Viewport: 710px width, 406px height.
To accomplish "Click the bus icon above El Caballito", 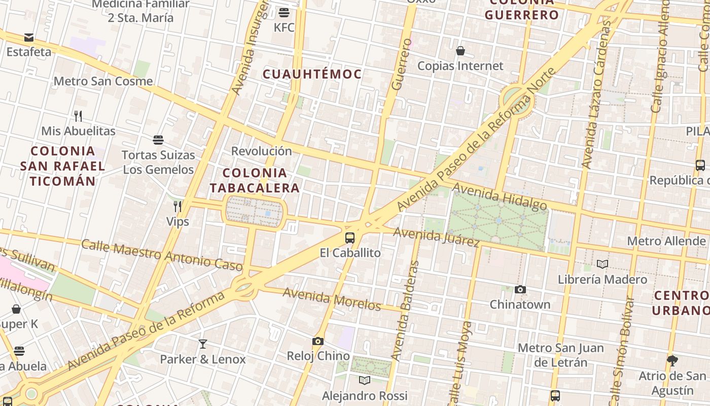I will (349, 238).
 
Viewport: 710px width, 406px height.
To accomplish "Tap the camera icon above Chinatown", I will (520, 289).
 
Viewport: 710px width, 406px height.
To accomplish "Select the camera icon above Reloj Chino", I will (318, 341).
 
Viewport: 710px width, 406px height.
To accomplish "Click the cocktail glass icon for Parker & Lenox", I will (203, 344).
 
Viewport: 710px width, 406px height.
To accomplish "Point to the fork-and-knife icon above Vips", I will (177, 206).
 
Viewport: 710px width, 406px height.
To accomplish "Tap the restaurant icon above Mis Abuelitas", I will (78, 116).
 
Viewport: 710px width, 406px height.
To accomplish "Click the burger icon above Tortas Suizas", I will (158, 140).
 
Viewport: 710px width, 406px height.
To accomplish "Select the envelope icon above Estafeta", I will (29, 37).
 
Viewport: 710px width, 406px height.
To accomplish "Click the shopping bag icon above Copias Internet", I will (460, 51).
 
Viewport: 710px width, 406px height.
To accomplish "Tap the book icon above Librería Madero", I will (602, 264).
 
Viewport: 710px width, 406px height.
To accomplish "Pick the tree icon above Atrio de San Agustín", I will (672, 360).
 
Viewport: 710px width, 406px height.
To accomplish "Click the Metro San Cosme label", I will (103, 81).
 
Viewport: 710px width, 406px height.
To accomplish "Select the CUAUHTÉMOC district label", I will (312, 74).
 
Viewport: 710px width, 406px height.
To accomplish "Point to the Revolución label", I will (262, 151).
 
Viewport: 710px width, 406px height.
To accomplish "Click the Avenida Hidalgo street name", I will (500, 196).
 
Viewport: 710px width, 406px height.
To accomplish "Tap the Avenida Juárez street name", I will (437, 237).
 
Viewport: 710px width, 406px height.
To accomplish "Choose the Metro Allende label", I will (666, 241).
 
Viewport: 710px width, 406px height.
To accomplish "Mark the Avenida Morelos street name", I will (332, 299).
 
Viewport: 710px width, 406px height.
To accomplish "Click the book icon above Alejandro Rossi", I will (365, 380).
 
